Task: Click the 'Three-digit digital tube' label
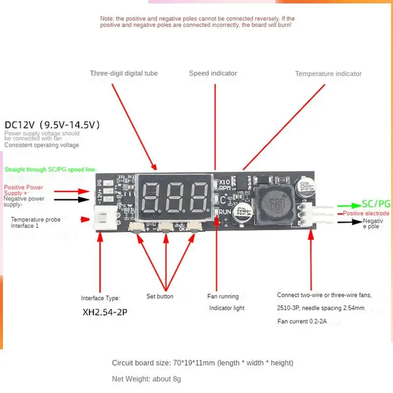124,74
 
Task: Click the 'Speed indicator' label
213,74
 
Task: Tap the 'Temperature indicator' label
328,74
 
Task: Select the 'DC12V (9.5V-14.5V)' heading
53,125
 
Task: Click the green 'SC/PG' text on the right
376,203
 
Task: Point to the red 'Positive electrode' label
366,214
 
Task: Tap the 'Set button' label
160,297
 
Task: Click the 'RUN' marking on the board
225,212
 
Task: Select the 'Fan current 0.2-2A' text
302,322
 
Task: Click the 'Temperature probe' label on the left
36,220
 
